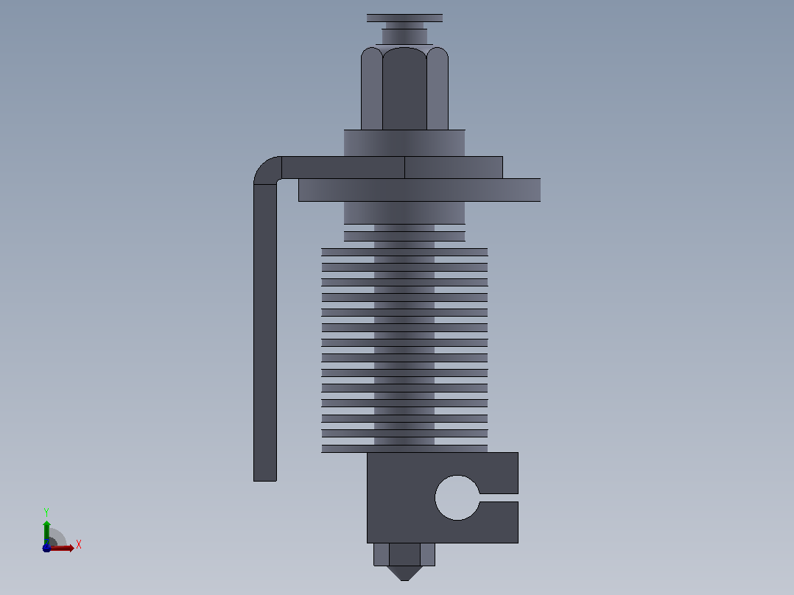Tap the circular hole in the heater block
(x=457, y=498)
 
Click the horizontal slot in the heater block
(x=499, y=498)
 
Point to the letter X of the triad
(x=79, y=545)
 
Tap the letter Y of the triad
(x=46, y=513)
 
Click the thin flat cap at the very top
(x=404, y=18)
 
